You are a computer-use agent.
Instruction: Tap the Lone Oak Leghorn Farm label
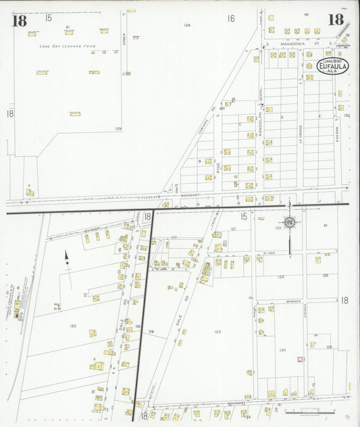click(68, 46)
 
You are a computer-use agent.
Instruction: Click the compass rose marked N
click(289, 222)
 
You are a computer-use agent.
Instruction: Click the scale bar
click(308, 411)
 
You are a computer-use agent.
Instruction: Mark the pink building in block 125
click(298, 359)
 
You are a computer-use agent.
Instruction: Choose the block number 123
click(217, 332)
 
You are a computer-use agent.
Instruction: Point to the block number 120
click(72, 326)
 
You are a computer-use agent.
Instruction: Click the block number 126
click(186, 25)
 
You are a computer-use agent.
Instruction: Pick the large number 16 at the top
click(230, 18)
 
